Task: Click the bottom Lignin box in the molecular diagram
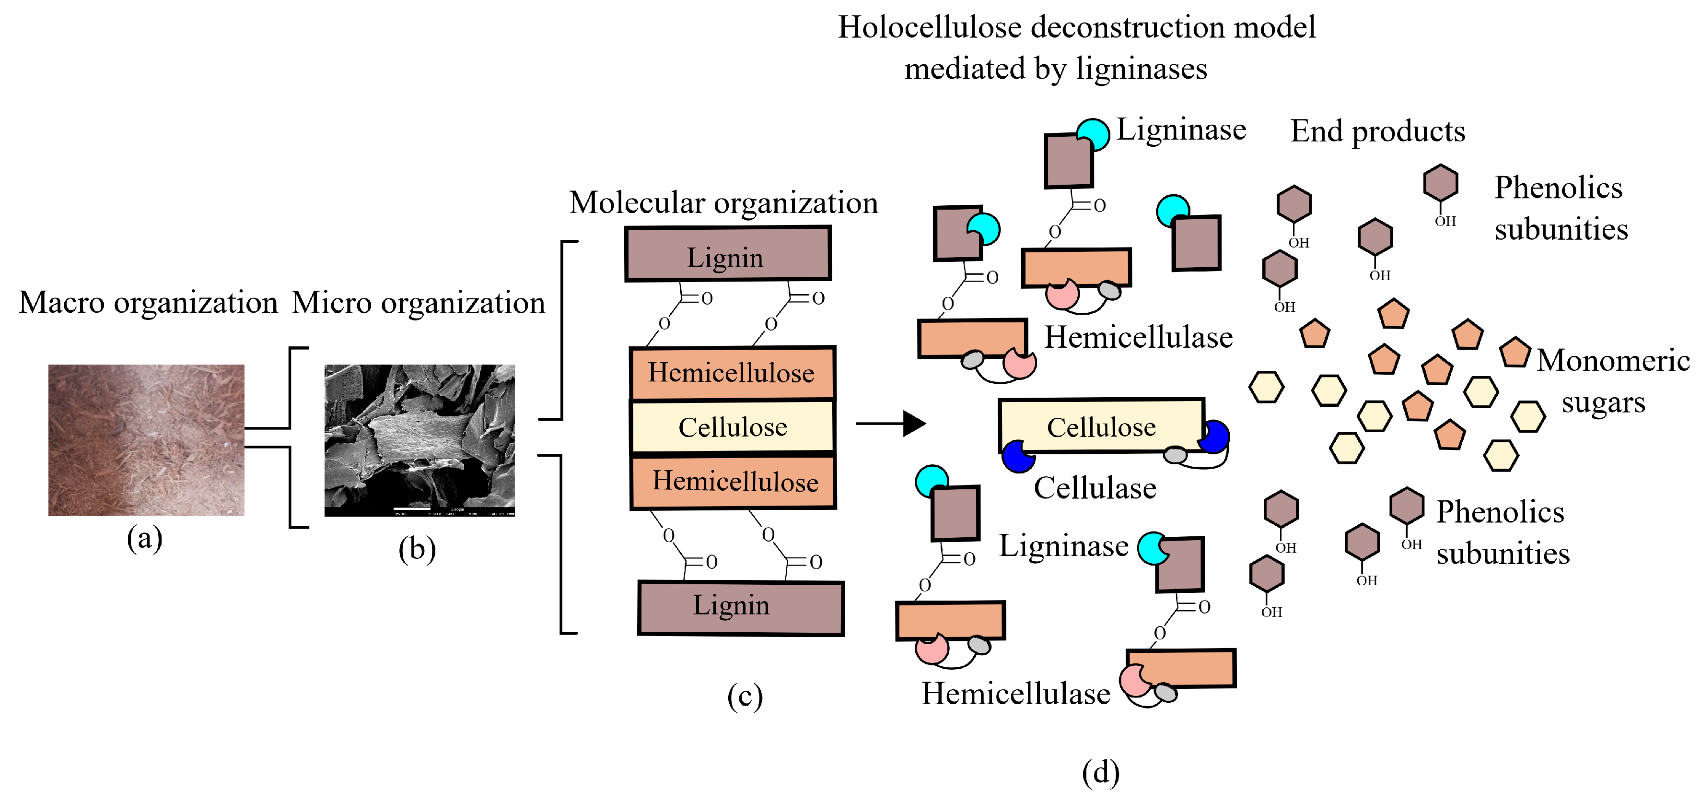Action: point(740,608)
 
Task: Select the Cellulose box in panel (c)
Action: point(732,427)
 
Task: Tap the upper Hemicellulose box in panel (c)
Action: point(732,373)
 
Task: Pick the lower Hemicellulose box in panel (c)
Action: point(733,481)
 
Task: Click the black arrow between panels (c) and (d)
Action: point(891,424)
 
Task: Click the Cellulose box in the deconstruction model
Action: point(1100,426)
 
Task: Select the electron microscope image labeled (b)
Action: point(419,440)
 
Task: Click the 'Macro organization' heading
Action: point(148,303)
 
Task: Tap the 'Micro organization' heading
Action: point(418,303)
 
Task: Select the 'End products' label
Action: point(1377,131)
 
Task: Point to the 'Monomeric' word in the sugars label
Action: point(1612,361)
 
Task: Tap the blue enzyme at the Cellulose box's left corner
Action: point(1017,457)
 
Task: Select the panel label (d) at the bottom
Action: point(1100,772)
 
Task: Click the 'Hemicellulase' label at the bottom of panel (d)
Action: point(1015,694)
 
